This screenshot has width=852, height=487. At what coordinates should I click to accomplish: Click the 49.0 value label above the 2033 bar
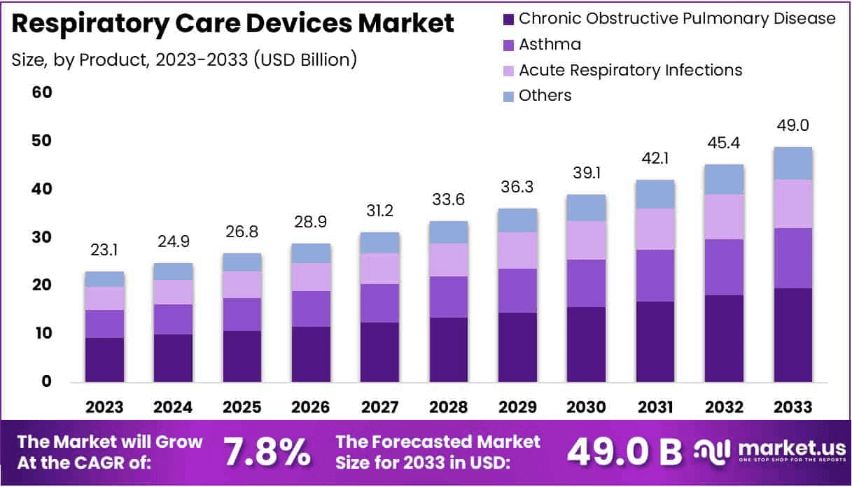coord(792,126)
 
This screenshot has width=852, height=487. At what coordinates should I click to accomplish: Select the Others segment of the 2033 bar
coord(792,163)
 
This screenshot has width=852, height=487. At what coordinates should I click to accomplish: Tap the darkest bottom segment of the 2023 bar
coord(104,360)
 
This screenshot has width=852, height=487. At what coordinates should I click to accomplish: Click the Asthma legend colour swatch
coord(508,45)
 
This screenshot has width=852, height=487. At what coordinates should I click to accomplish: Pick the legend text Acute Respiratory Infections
coord(630,70)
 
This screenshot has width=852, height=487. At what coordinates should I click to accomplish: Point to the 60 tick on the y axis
coord(41,92)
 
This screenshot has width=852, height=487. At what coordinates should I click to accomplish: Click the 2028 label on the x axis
coord(449,407)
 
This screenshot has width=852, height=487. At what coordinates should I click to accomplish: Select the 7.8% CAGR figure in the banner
coord(267,453)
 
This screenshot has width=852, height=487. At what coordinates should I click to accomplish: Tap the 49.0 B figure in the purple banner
coord(624,453)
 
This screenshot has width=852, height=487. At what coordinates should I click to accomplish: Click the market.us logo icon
coord(712,451)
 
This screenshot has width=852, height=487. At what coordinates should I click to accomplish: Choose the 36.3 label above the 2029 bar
coord(517,188)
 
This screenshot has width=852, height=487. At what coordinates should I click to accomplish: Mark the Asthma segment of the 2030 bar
coord(586,283)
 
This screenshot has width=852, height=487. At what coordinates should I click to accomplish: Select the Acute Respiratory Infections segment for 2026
coord(311,277)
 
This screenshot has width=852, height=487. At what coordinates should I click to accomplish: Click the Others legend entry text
coord(545,96)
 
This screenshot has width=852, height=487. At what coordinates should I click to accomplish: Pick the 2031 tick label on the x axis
coord(655,407)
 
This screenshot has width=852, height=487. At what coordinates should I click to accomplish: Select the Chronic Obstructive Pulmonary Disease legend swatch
coord(508,19)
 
